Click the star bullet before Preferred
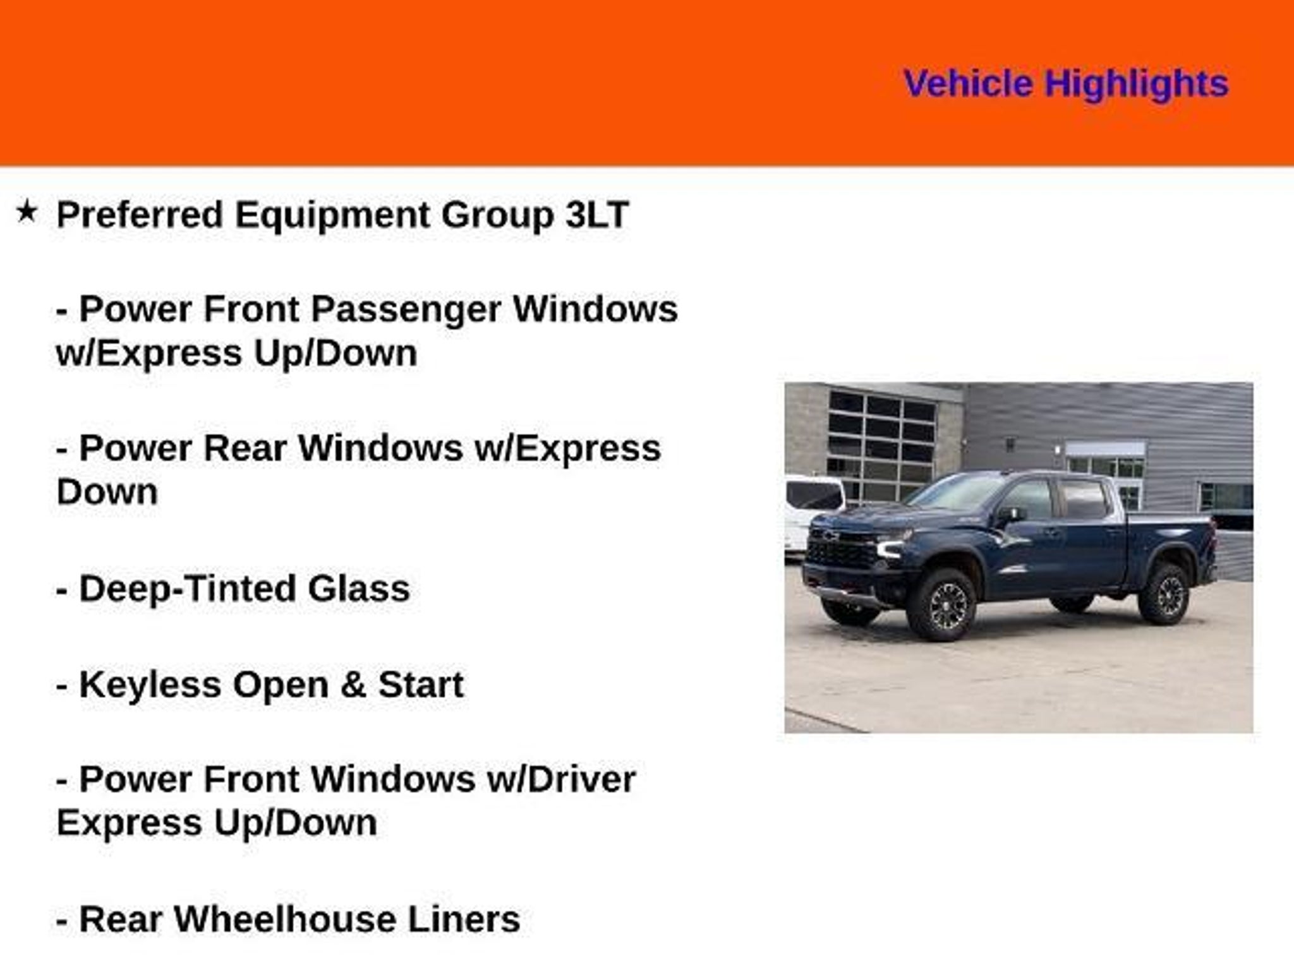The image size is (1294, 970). point(27,212)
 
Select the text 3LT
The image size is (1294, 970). point(596,214)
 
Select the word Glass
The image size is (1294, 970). point(359,589)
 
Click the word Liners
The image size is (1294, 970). point(464,919)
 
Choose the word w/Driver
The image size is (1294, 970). point(561,779)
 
